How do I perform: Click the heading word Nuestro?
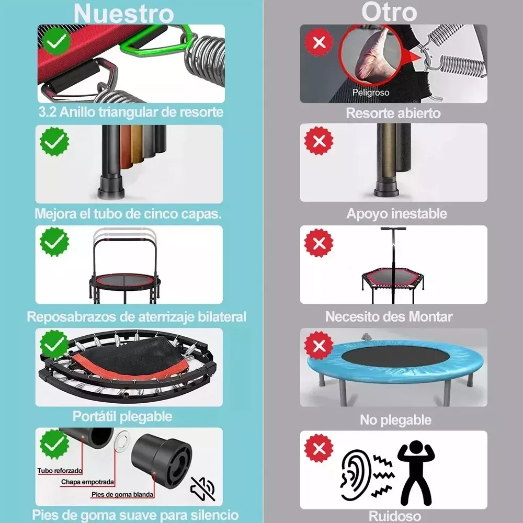click(x=124, y=14)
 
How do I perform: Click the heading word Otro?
click(x=389, y=12)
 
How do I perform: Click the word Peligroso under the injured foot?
click(x=371, y=92)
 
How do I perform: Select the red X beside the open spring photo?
click(x=319, y=42)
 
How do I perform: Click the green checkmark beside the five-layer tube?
click(x=54, y=141)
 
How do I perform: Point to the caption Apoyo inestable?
click(x=396, y=213)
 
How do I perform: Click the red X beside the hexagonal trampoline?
click(x=319, y=243)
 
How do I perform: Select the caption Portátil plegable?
click(x=122, y=416)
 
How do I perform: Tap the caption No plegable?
click(x=395, y=420)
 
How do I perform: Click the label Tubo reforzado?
click(x=60, y=471)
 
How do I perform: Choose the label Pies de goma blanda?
click(x=122, y=494)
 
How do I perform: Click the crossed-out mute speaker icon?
click(x=203, y=488)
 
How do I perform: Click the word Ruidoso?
click(x=394, y=516)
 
